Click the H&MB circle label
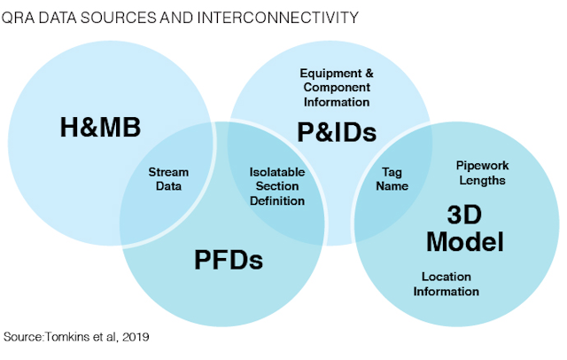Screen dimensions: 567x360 point(100,128)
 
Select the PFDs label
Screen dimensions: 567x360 point(229,260)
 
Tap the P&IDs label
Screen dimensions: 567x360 point(337,132)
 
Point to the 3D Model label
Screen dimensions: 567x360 point(465,228)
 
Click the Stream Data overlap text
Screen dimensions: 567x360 point(168,179)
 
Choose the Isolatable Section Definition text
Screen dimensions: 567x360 point(277,186)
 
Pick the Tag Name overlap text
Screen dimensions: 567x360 point(392,179)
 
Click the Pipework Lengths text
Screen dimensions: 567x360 point(482,173)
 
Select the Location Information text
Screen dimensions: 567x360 point(447,284)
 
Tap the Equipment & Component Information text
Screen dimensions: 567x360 point(337,88)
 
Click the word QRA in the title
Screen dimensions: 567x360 point(18,18)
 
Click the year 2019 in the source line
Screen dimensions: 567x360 point(136,337)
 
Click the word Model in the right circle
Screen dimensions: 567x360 point(465,241)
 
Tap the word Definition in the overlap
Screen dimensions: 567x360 point(277,200)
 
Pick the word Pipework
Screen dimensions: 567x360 point(482,166)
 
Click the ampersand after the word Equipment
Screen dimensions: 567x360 point(369,74)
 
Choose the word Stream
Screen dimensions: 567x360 point(168,172)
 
